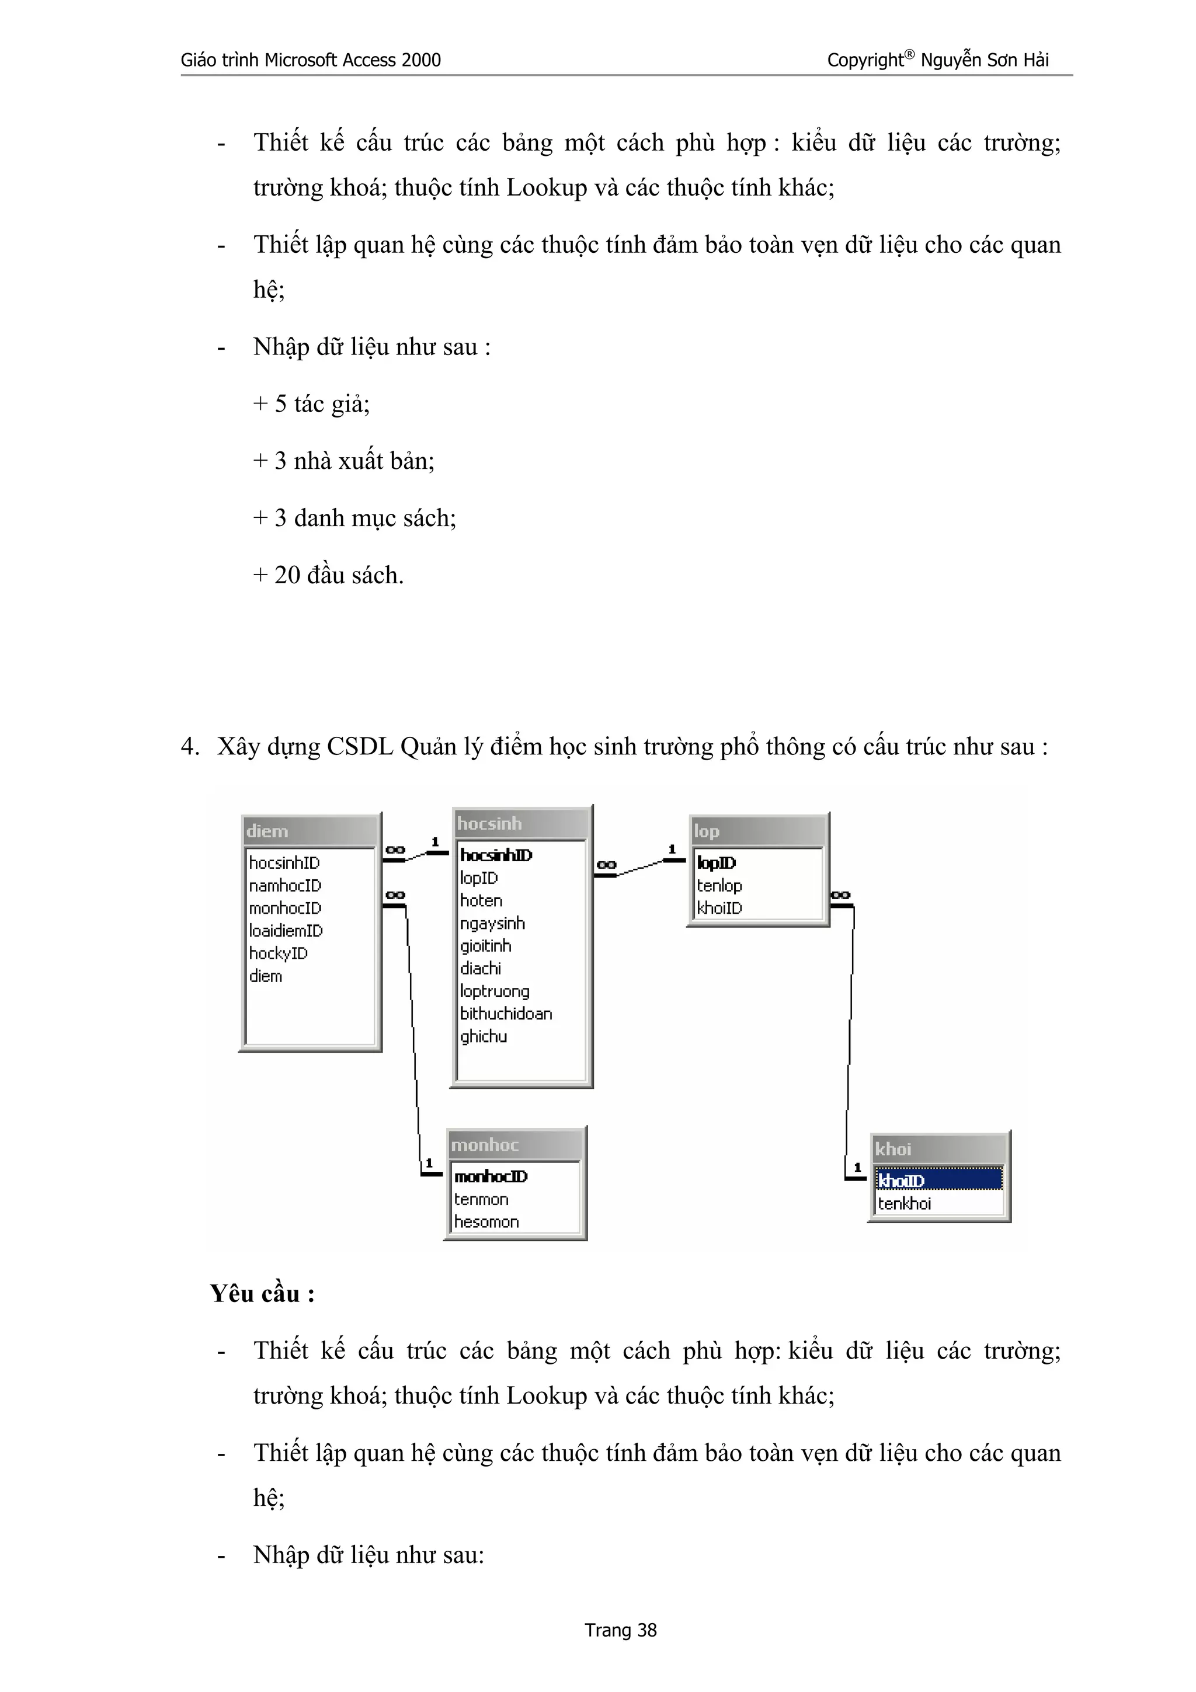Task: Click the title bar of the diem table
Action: click(x=310, y=831)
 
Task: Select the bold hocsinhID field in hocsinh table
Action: click(x=496, y=855)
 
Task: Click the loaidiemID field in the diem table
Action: click(x=286, y=931)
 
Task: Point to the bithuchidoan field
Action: click(x=506, y=1014)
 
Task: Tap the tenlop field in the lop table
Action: click(x=719, y=885)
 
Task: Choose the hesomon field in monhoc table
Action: click(x=486, y=1222)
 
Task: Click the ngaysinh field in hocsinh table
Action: click(x=492, y=924)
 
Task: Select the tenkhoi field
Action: click(x=904, y=1203)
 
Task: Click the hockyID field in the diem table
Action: click(x=278, y=953)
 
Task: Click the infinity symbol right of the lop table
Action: click(x=840, y=896)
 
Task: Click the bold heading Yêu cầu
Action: click(x=262, y=1294)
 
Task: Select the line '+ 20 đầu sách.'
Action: click(x=329, y=576)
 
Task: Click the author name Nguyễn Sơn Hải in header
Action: click(x=985, y=61)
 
